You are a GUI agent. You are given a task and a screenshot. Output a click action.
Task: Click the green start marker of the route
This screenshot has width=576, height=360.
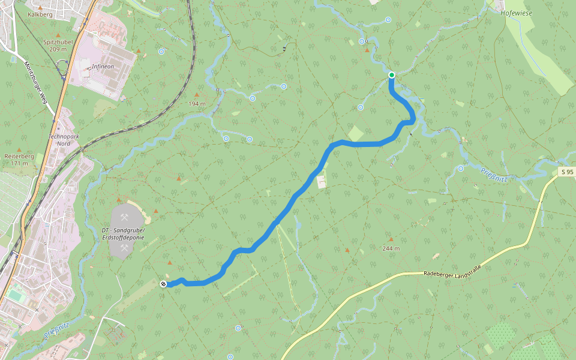coord(391,75)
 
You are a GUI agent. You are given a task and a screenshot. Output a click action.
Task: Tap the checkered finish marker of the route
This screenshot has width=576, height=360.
coord(164,284)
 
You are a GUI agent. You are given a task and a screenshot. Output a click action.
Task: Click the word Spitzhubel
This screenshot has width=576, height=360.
coord(58,42)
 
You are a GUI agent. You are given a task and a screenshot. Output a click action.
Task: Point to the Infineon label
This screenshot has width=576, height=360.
coord(103,67)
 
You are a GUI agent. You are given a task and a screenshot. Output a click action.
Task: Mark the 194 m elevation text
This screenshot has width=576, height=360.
coord(197,104)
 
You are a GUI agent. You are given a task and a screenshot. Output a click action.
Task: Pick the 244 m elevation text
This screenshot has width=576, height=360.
coord(391,248)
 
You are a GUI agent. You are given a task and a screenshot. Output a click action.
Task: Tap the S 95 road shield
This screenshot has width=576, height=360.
coord(568,172)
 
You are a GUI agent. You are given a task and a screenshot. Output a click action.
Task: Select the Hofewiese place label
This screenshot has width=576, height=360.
coord(517,11)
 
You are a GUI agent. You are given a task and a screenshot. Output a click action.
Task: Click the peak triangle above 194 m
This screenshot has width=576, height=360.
coord(197,95)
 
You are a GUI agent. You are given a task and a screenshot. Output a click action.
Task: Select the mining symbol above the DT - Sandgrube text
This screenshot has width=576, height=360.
coord(125,217)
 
